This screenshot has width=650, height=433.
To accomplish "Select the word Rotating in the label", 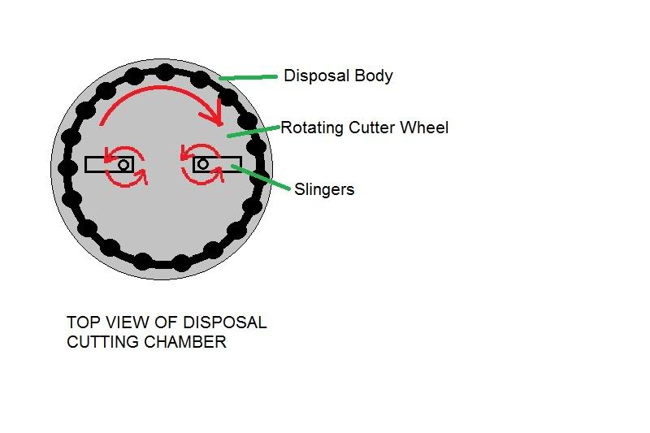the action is [312, 128].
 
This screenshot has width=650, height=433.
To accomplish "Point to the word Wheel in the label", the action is [424, 128].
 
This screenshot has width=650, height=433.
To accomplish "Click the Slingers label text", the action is [324, 190].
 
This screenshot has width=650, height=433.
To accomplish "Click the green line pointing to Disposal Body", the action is [248, 77].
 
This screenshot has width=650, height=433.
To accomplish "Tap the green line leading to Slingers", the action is [260, 177].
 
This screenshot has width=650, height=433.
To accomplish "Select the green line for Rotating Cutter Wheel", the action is [253, 132].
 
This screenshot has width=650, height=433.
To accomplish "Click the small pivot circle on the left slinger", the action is [123, 165].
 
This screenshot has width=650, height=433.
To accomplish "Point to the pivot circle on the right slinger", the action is [202, 164].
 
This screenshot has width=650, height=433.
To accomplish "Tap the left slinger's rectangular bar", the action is [109, 164].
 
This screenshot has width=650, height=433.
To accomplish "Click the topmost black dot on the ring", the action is [165, 72].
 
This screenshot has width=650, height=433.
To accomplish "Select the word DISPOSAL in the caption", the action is [225, 323].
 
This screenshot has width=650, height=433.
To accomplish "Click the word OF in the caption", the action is [166, 323].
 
